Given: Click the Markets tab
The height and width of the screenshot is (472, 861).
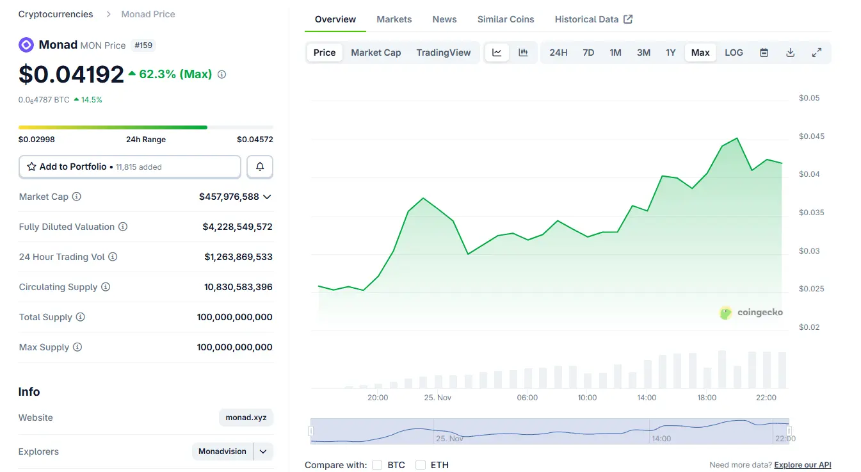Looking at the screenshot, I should tap(394, 19).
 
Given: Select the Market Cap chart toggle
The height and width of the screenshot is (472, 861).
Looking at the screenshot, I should tap(376, 53).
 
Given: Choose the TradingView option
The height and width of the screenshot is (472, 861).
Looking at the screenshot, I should tap(443, 53).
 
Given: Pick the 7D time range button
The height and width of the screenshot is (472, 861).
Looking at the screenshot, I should tap(588, 53).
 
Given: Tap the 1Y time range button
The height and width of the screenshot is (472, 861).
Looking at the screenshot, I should tap(670, 53).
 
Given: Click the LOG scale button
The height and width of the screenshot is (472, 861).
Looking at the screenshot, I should tap(734, 53).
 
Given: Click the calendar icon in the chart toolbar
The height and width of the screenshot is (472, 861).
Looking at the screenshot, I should tap(764, 53).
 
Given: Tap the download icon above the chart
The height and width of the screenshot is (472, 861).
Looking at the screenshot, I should tap(790, 53).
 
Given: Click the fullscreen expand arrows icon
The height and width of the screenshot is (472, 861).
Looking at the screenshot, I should tap(816, 53).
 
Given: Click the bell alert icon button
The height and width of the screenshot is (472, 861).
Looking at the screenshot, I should tap(260, 167).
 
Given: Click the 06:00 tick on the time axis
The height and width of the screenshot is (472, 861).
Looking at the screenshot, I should tap(527, 398).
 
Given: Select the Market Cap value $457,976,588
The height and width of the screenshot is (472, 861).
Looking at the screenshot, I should tap(229, 197).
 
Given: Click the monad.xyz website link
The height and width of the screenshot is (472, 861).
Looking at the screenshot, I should tap(246, 418).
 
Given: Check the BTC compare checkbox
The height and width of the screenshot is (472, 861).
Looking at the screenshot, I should tap(377, 465).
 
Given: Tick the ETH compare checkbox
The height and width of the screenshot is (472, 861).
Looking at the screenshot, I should tap(421, 465).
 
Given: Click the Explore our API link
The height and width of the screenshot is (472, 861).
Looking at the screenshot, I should tap(802, 465).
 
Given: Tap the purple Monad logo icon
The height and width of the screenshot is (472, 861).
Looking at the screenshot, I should tap(26, 45).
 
